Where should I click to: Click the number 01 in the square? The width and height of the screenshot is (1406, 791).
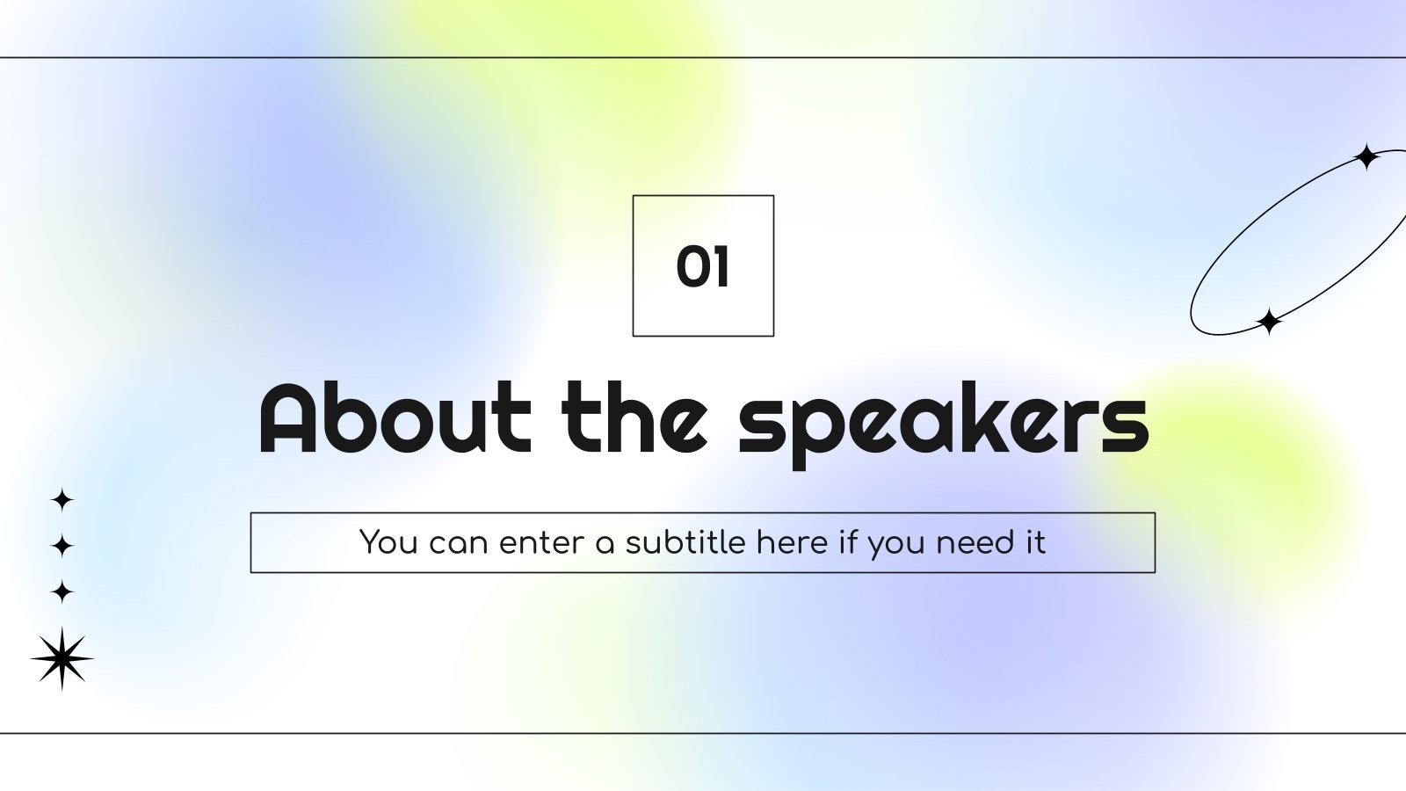tap(703, 266)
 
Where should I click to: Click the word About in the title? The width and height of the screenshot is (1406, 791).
tap(395, 418)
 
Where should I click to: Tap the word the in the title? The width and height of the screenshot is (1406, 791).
tap(634, 418)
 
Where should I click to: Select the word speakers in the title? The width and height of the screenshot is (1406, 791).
tap(943, 422)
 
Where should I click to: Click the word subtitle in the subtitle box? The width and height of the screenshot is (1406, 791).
tap(685, 542)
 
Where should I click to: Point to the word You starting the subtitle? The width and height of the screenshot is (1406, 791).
tap(388, 542)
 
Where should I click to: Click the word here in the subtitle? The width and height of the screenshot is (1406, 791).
tap(792, 542)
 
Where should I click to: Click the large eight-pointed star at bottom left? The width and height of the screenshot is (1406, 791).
tap(62, 658)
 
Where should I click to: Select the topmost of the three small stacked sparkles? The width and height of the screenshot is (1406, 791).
tap(62, 500)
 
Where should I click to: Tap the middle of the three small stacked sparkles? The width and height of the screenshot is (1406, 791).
tap(62, 546)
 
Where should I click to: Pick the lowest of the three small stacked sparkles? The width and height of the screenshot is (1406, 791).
tap(62, 591)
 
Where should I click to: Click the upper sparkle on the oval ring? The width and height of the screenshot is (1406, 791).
tap(1366, 157)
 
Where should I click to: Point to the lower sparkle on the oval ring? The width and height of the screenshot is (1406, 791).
tap(1268, 322)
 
